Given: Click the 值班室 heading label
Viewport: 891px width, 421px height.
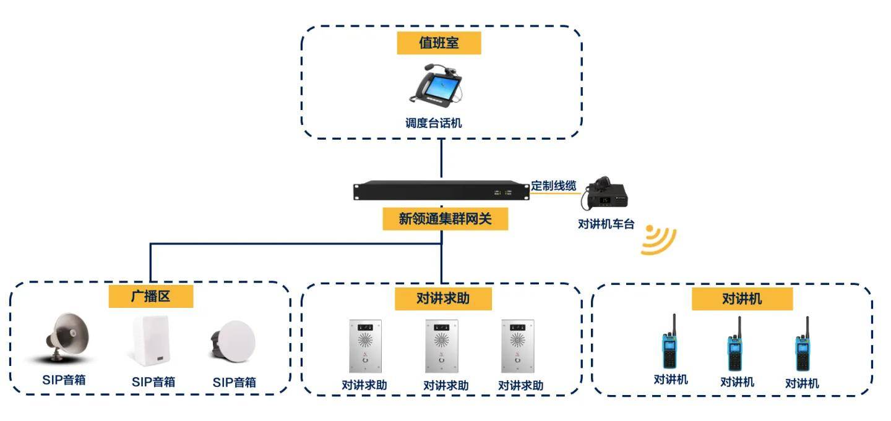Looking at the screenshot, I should pos(439,43).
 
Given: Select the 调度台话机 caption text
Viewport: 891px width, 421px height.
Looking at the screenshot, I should pos(433,123).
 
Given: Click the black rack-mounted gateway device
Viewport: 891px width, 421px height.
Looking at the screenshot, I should pos(442,190).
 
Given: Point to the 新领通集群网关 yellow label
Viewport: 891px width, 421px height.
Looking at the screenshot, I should pos(445,218).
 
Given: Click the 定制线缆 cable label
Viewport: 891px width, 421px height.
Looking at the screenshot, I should pos(554,185).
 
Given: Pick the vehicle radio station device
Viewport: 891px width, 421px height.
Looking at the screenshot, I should pos(606,193).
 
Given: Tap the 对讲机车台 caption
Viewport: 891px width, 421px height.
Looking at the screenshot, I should pos(606,224).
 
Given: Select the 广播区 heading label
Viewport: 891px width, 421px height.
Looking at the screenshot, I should pos(150,296).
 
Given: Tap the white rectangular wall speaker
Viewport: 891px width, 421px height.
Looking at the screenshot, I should pos(150,341).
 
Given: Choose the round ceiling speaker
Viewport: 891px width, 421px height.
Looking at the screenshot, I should pos(233,341).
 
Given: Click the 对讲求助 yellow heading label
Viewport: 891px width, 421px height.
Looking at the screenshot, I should pos(442,299).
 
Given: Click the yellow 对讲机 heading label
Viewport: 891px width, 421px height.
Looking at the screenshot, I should pos(742,299).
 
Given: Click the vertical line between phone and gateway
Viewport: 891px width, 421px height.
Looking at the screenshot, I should pos(442,159).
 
